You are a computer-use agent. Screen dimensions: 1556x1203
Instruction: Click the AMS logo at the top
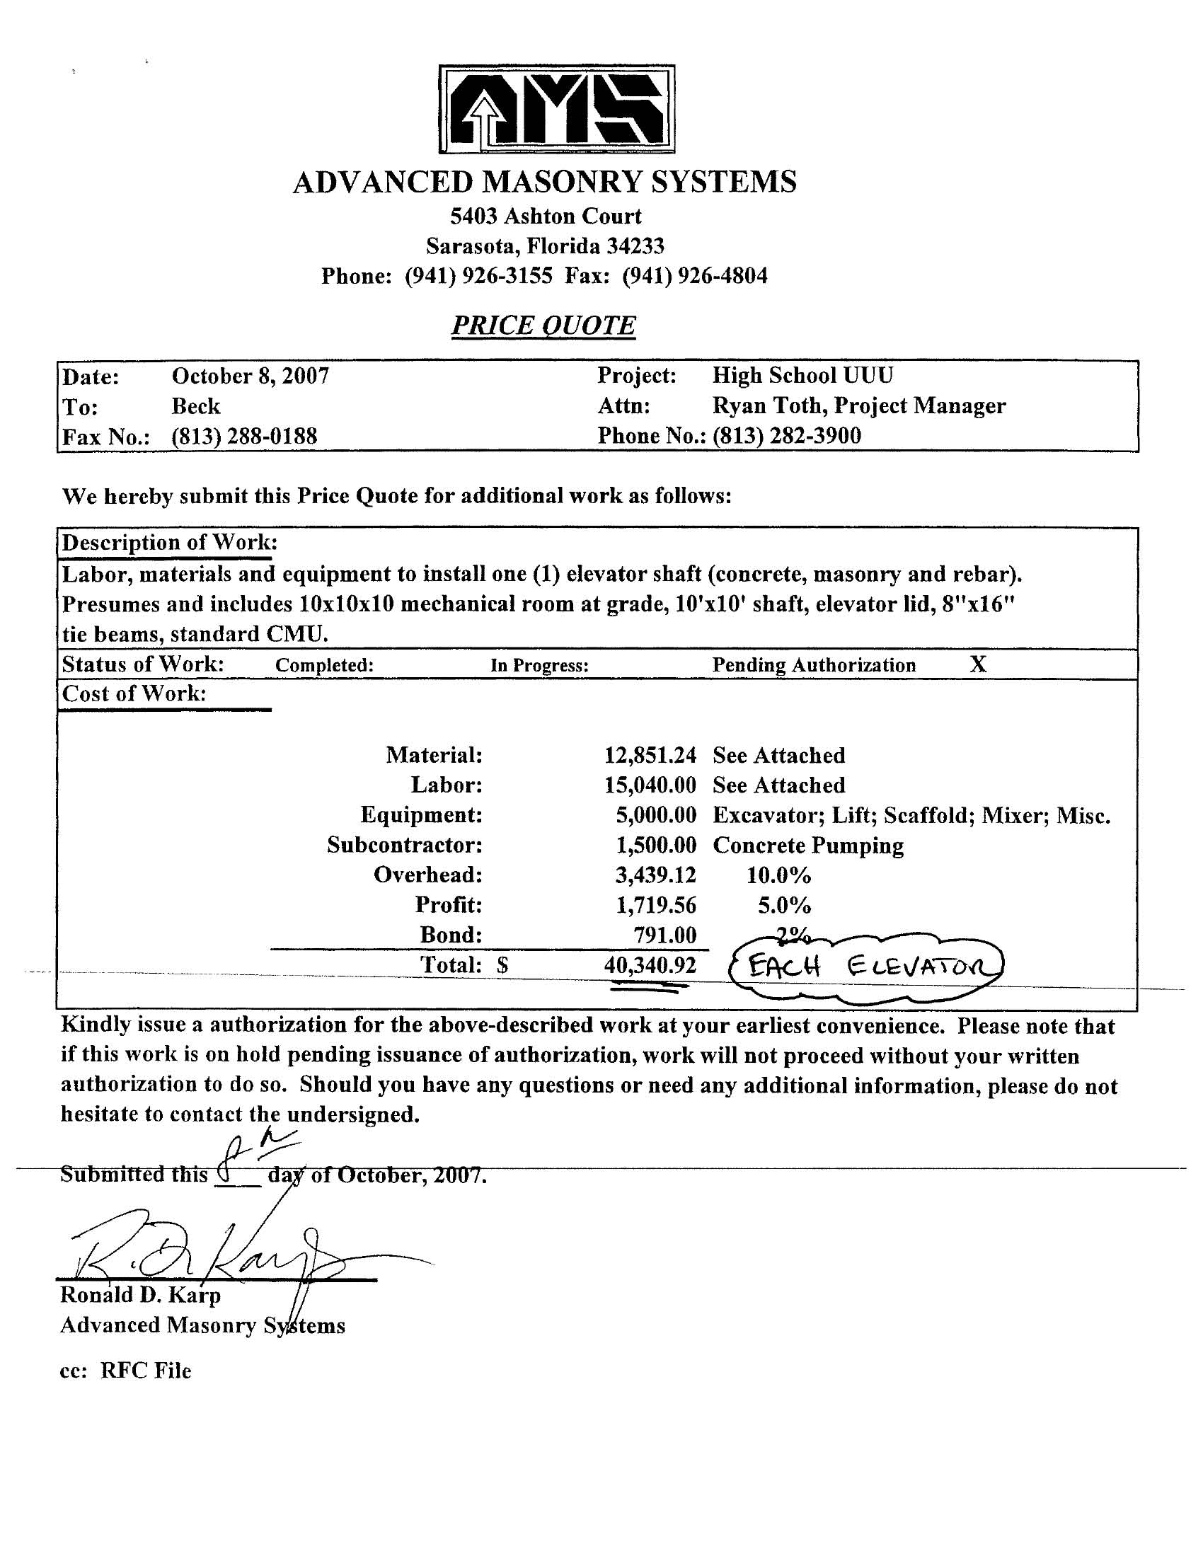coord(557,109)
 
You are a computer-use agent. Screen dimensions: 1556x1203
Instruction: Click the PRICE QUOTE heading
coord(543,325)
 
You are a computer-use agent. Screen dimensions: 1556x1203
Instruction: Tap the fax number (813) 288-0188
coord(243,436)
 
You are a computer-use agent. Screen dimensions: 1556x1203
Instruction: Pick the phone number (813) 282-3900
coord(787,435)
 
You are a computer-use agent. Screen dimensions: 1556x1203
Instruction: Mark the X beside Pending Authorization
coord(979,664)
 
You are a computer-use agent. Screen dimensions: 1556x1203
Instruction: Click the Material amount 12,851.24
coord(650,755)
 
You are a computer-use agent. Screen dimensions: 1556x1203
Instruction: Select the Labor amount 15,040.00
coord(650,785)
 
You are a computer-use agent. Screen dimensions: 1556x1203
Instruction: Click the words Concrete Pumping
coord(808,846)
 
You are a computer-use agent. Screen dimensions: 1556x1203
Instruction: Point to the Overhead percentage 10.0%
coord(778,875)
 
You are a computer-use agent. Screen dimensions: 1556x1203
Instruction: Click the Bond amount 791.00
coord(666,935)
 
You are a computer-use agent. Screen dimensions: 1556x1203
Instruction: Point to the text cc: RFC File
coord(126,1371)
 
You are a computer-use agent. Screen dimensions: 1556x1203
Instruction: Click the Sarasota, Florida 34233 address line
coord(545,246)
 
